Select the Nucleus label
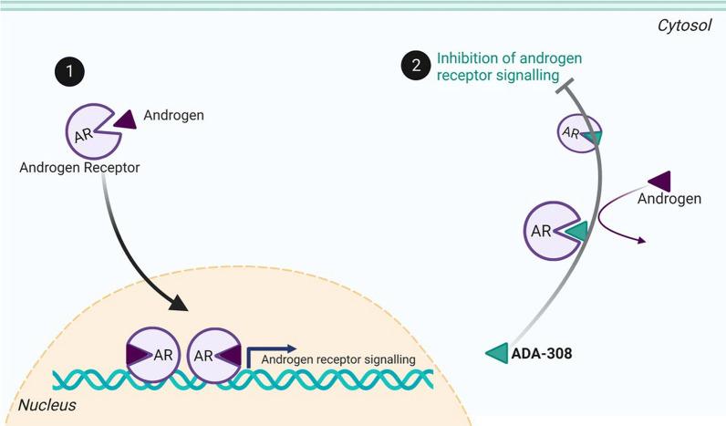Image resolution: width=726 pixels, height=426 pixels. click(x=47, y=403)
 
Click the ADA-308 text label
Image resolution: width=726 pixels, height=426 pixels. click(x=542, y=353)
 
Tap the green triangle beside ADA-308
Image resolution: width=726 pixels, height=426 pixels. click(x=497, y=352)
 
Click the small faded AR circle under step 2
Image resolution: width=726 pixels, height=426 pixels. click(x=578, y=132)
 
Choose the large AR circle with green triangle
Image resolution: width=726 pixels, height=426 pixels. click(x=548, y=230)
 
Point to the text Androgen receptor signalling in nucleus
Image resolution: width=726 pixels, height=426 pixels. click(x=338, y=359)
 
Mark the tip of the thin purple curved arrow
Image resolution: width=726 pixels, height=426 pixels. click(x=645, y=241)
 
